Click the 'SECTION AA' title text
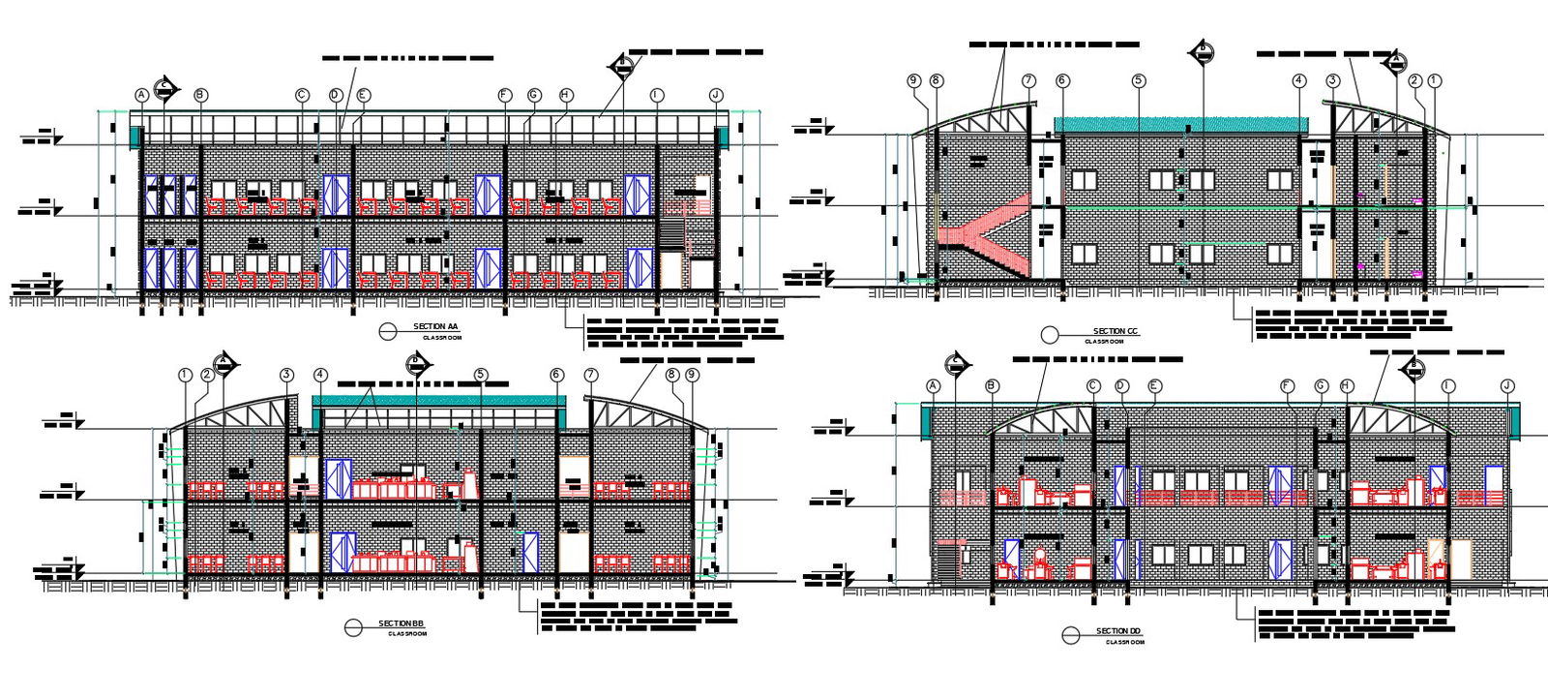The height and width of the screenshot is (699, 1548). tap(434, 327)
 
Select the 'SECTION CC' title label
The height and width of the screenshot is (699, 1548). tap(1116, 332)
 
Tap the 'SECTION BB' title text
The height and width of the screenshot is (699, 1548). tap(401, 623)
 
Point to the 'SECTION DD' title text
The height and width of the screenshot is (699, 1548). tap(1118, 632)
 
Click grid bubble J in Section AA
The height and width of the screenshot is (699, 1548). tap(716, 95)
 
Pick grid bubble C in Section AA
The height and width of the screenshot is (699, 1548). tap(302, 95)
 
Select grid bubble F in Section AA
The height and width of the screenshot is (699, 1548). tap(504, 95)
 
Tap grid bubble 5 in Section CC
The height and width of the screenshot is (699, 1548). tap(1139, 81)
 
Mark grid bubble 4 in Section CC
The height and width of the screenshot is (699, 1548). tap(1299, 81)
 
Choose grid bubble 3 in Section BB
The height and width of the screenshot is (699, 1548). tap(286, 375)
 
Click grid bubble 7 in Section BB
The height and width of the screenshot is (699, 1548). tap(591, 375)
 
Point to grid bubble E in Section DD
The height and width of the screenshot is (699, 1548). tap(1153, 385)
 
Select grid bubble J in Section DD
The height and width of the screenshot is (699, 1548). tap(1506, 385)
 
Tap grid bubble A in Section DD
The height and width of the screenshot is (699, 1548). tap(934, 385)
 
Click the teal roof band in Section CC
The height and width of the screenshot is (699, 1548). tap(1180, 125)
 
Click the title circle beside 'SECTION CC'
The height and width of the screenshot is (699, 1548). tap(1050, 335)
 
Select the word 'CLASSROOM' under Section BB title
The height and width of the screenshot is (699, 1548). tap(407, 634)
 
